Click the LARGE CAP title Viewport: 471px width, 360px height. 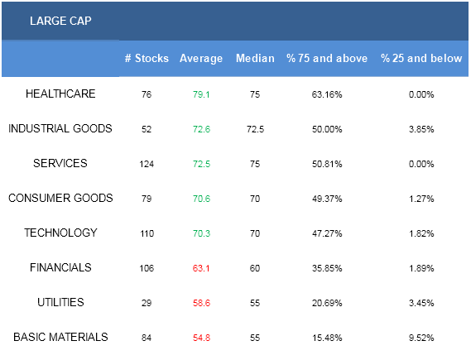[60, 21]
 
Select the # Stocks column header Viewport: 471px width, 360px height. [147, 58]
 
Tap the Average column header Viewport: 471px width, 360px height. [201, 59]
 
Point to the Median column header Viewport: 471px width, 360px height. [255, 58]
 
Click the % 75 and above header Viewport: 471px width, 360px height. [327, 58]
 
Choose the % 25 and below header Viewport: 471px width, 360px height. [421, 58]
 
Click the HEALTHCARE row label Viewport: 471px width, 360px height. [60, 94]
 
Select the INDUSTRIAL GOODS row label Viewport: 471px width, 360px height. [60, 128]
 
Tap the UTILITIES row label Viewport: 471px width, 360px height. [60, 302]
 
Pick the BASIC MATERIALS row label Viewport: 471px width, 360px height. [60, 337]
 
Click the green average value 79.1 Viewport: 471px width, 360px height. [201, 94]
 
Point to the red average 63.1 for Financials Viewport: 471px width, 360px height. [201, 268]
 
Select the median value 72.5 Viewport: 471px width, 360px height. [255, 129]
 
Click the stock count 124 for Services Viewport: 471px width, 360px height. [147, 164]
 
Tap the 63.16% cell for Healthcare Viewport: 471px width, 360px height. [327, 94]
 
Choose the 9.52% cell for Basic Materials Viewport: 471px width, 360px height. [421, 338]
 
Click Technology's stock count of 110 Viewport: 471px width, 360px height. [147, 233]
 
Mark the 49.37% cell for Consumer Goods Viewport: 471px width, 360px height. [327, 199]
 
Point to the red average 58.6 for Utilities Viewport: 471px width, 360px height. [201, 303]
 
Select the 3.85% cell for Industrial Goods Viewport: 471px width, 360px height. [421, 129]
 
